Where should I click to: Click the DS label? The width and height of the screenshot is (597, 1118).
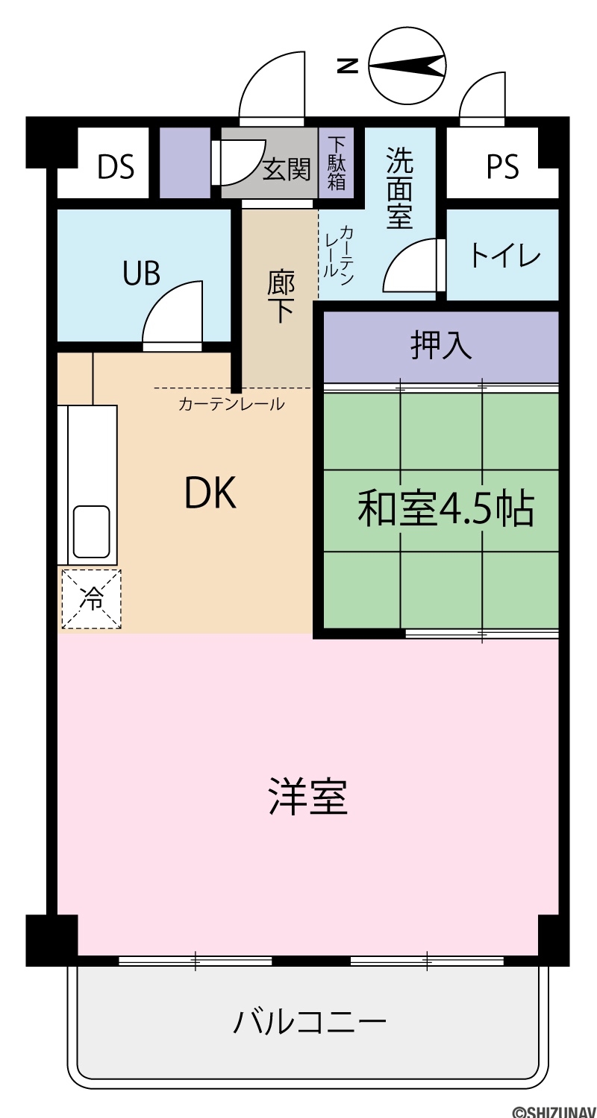click(x=116, y=167)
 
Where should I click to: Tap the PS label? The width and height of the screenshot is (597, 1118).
click(x=502, y=167)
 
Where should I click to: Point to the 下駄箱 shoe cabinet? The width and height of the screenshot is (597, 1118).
click(x=337, y=163)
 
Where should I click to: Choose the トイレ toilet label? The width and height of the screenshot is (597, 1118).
click(x=505, y=256)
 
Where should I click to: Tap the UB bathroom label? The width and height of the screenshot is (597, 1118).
click(x=142, y=274)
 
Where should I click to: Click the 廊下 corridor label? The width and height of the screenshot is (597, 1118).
click(x=281, y=297)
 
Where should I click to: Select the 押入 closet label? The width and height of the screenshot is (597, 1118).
click(x=441, y=345)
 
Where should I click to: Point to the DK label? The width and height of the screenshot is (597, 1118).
click(x=210, y=493)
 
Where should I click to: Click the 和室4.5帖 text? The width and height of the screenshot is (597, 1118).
click(x=446, y=509)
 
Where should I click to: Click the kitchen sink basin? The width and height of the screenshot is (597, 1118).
click(x=92, y=532)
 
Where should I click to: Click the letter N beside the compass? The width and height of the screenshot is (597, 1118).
click(x=348, y=66)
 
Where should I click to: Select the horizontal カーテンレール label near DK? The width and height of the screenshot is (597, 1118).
click(x=231, y=404)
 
